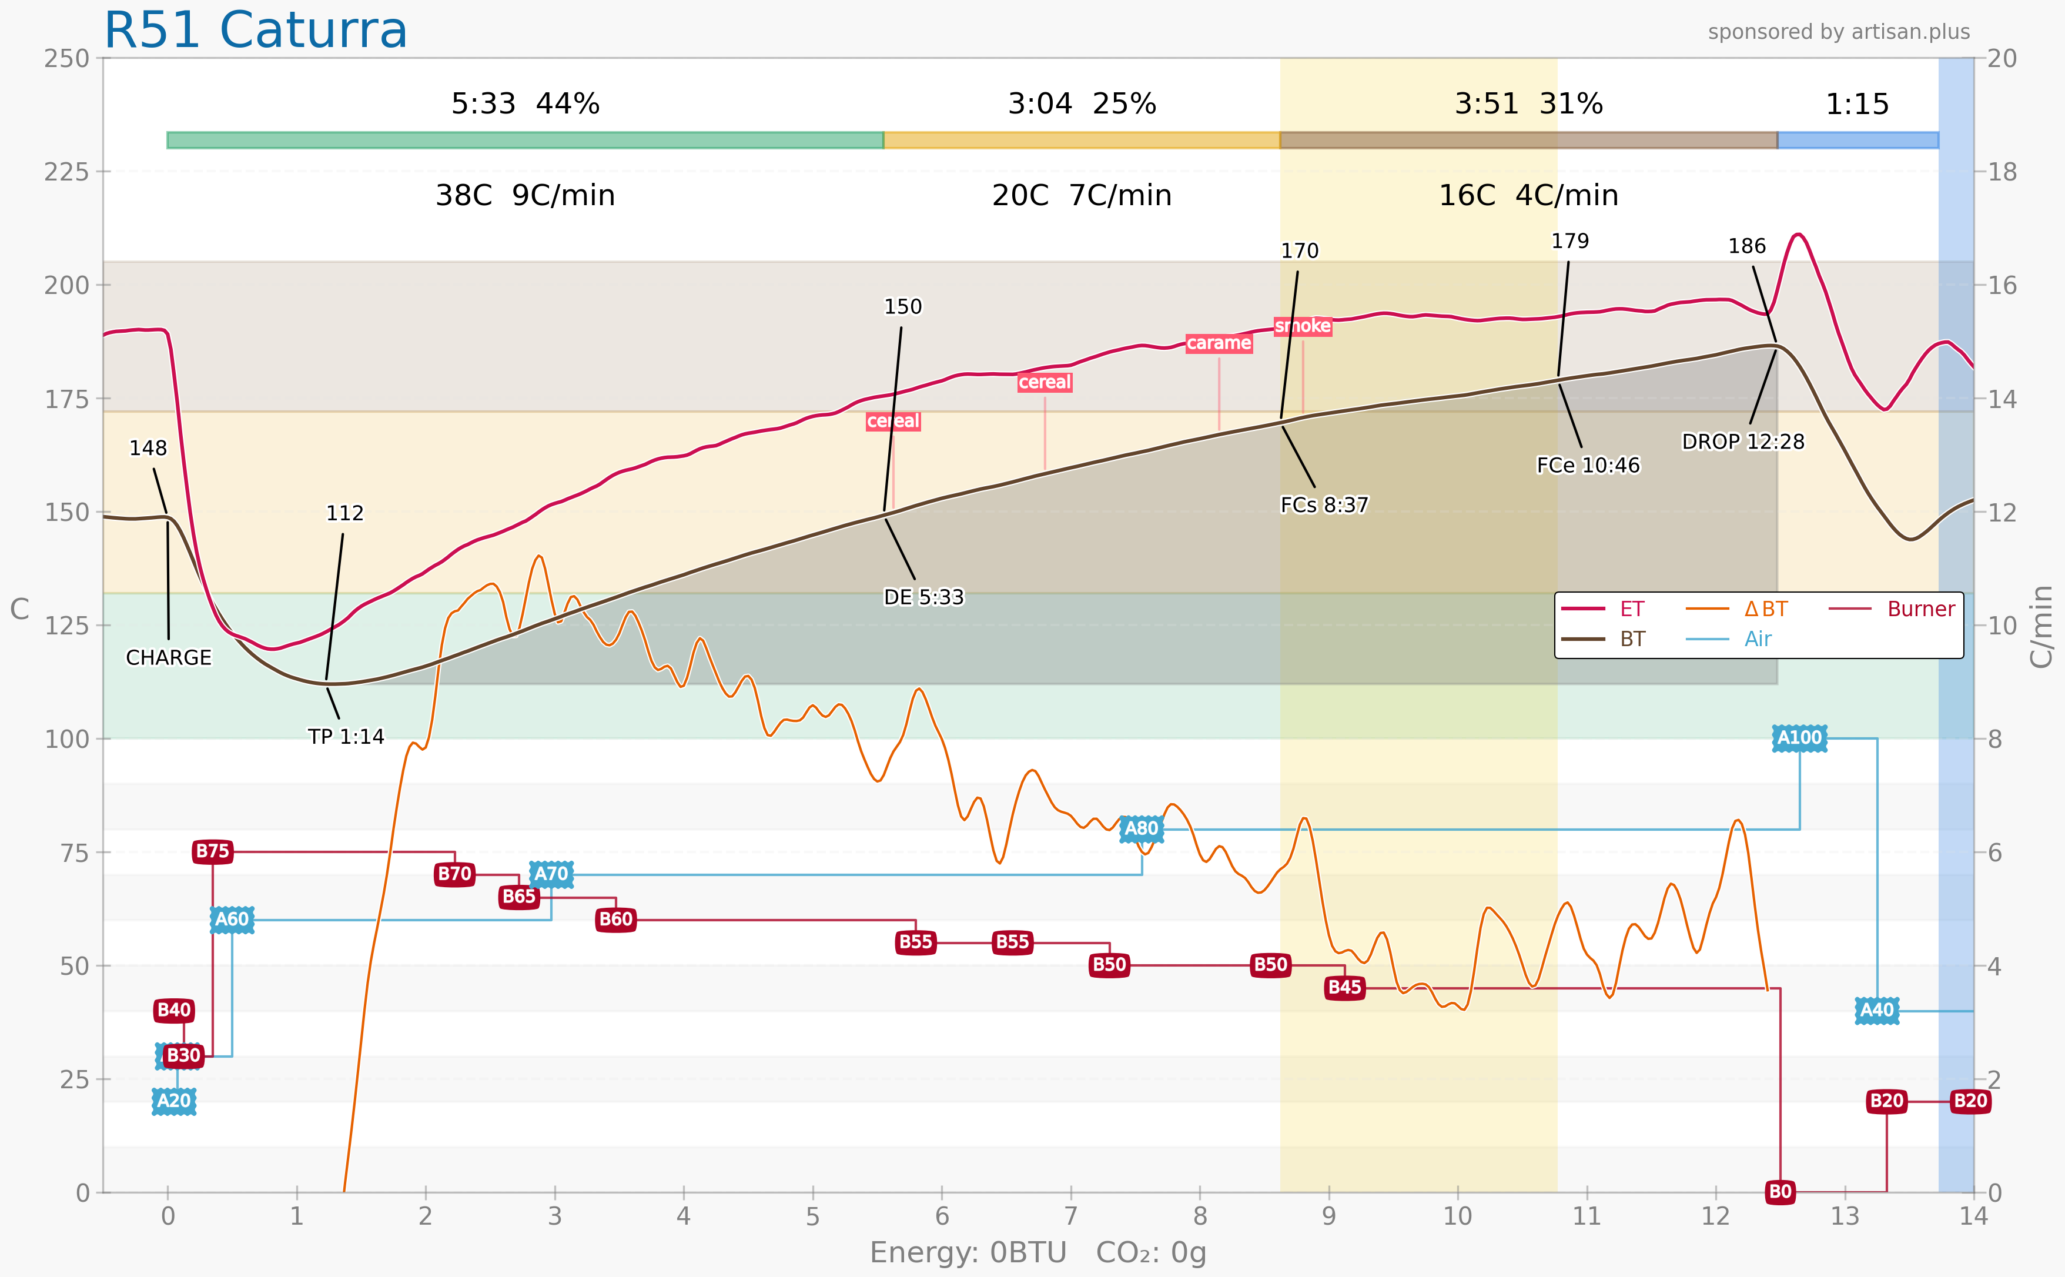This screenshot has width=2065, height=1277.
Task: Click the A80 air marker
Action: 1142,828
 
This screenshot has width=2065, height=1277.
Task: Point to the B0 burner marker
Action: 1780,1192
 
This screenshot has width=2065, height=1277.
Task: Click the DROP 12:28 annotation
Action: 1742,442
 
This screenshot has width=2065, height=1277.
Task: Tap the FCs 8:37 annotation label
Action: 1324,505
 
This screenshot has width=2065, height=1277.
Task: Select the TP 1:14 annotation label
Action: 345,737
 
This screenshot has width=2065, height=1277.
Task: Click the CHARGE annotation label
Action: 169,658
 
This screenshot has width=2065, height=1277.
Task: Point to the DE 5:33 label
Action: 923,597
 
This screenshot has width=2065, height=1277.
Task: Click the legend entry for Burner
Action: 1920,609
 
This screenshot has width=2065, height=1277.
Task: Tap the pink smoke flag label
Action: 1303,326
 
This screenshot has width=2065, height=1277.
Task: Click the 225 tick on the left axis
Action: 66,172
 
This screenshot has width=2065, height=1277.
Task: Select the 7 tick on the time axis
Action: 1070,1216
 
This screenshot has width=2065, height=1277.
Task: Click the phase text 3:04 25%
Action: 1082,104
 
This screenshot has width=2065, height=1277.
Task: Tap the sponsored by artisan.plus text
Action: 1839,32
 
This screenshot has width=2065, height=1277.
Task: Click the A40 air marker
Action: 1877,1010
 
